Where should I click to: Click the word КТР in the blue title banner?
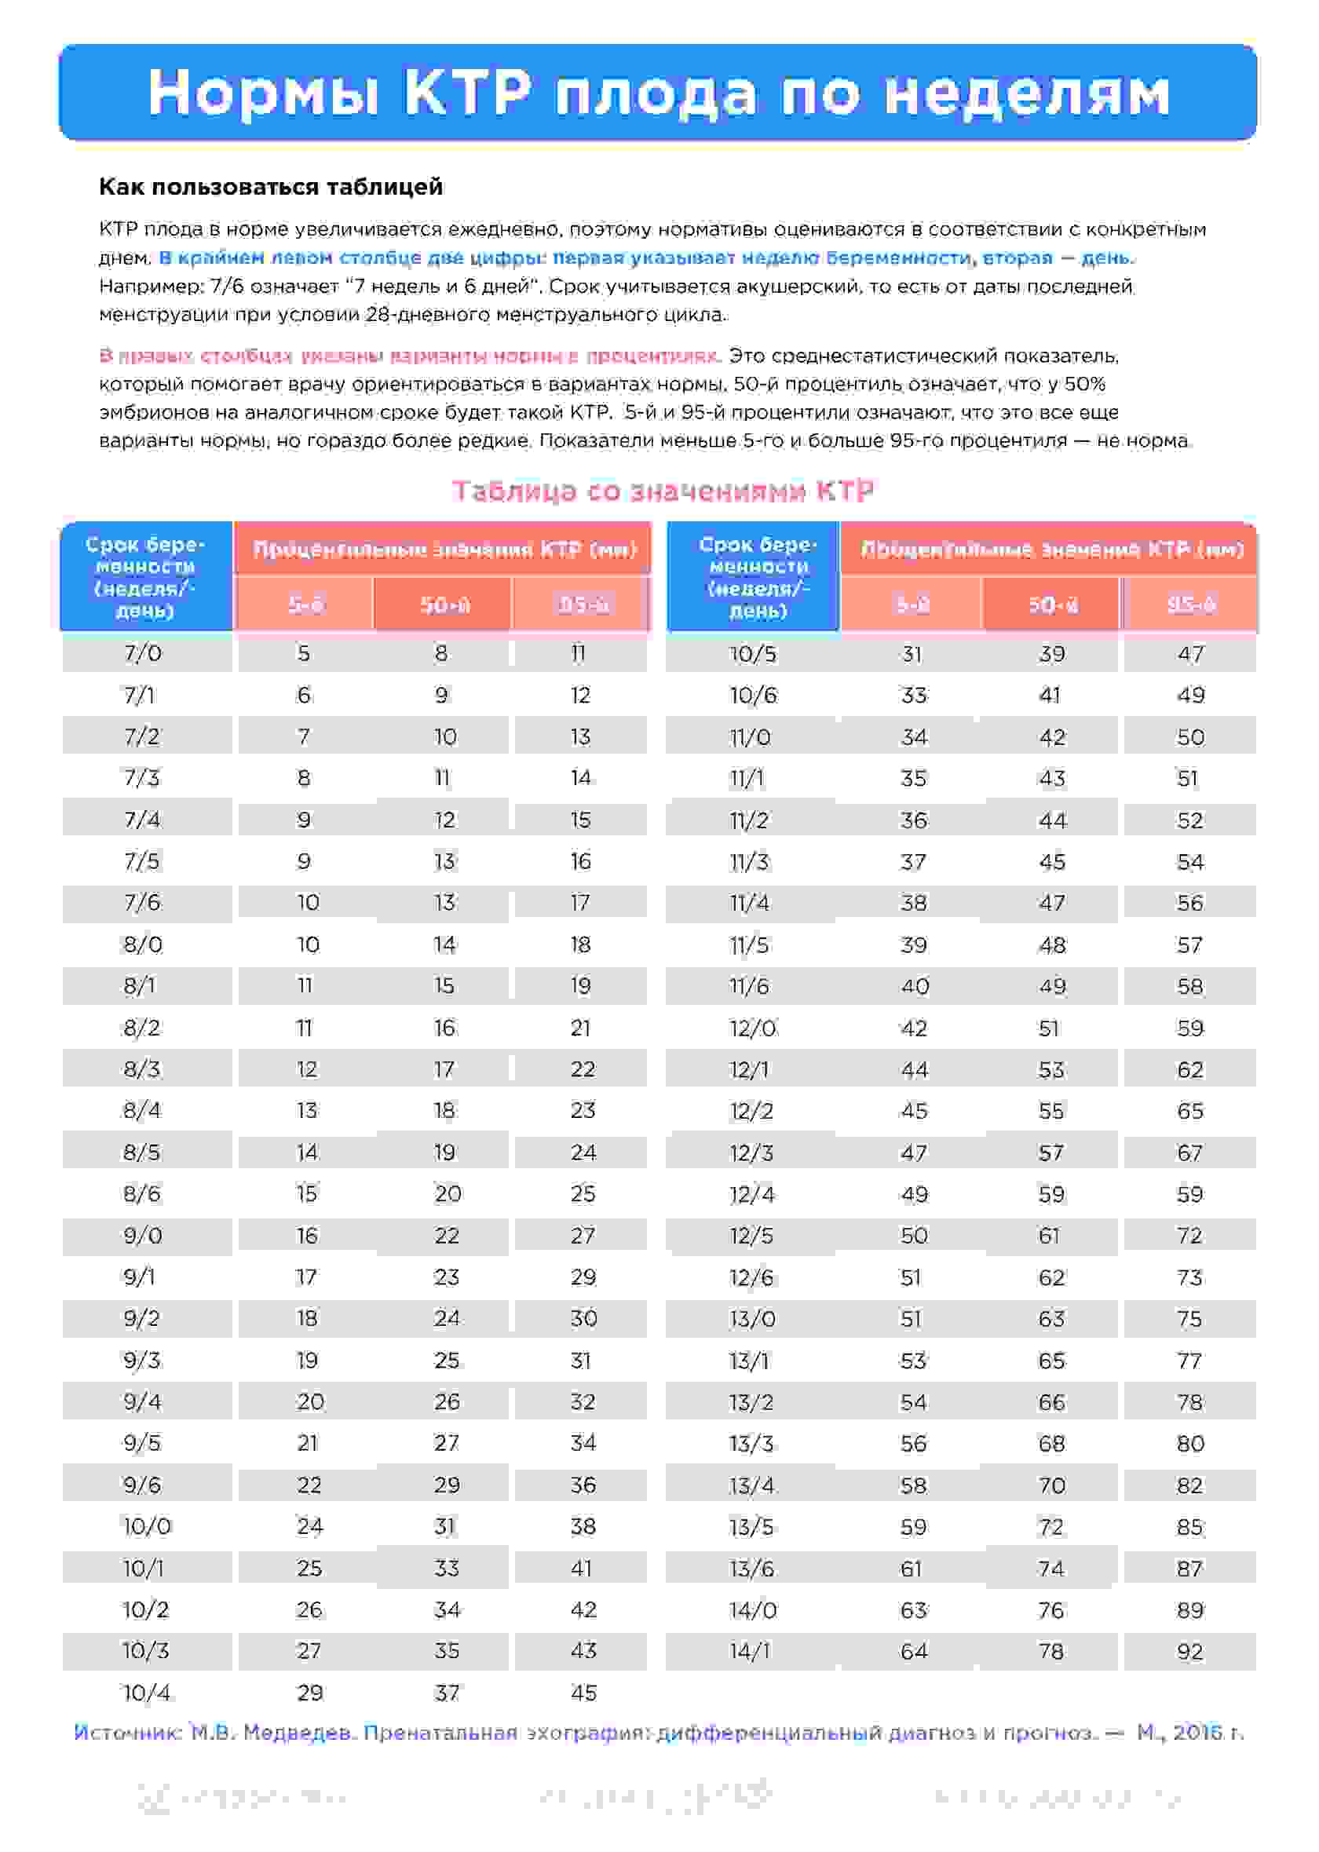tap(468, 92)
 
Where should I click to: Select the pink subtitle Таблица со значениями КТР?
tap(663, 491)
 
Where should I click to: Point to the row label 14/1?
tap(749, 1651)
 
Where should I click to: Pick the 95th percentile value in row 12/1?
tap(1190, 1069)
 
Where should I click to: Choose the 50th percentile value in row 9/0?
tap(446, 1235)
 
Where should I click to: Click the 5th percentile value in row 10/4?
tap(309, 1692)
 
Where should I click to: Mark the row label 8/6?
tap(142, 1193)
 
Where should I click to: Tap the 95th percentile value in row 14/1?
tap(1190, 1651)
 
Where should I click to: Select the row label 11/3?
tap(749, 861)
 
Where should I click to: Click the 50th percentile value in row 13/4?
tap(1052, 1485)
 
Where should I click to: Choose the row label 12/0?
tap(752, 1028)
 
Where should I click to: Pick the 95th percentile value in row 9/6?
tap(583, 1485)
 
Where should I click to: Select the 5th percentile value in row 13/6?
tap(912, 1568)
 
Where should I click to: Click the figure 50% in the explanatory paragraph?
tap(1084, 383)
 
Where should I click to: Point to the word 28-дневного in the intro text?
tap(427, 314)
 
